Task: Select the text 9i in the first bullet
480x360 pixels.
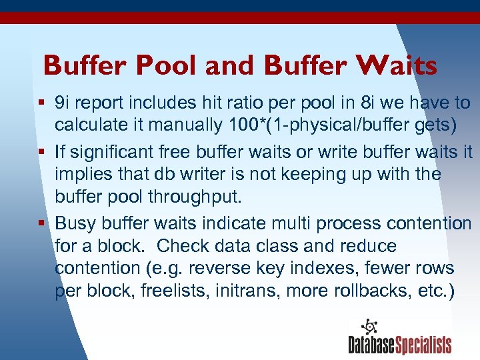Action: [x=63, y=103]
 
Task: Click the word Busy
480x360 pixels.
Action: [x=75, y=223]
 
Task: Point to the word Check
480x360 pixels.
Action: [x=183, y=245]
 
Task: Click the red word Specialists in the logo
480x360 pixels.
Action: [x=423, y=345]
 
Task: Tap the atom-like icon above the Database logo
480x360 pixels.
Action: [x=369, y=327]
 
